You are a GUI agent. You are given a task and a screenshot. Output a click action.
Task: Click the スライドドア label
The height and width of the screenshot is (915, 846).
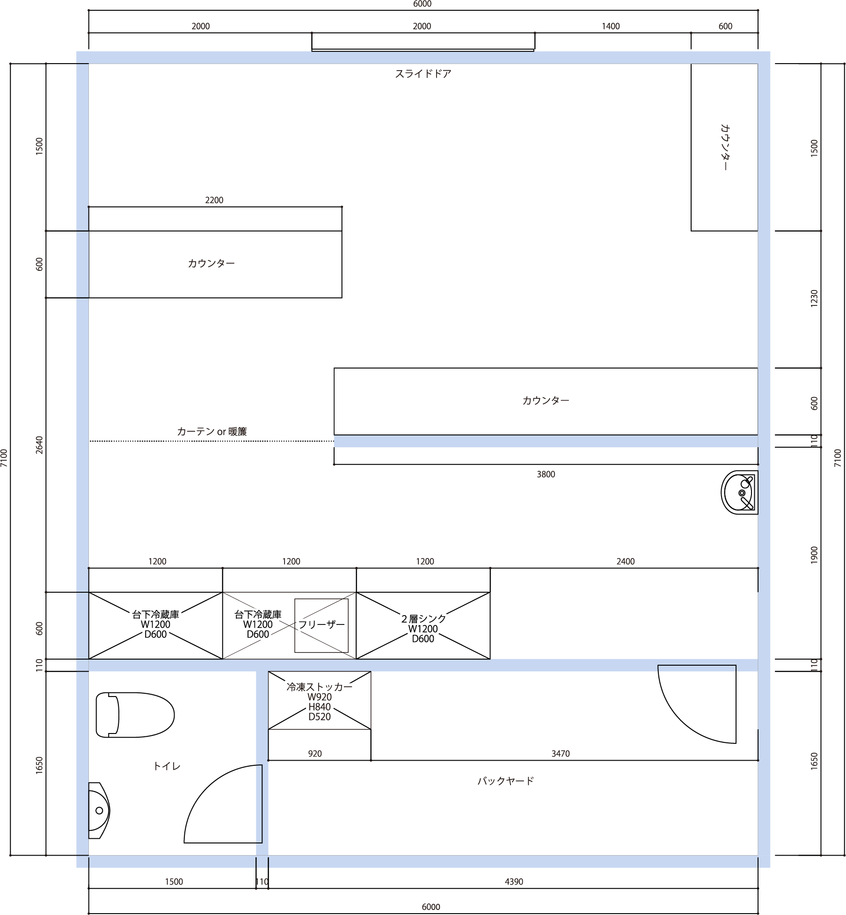tap(423, 74)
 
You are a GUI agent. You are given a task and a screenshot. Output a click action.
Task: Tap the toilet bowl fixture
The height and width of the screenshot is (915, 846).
tap(135, 715)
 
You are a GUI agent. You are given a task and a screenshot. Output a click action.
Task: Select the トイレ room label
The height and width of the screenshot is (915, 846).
tap(167, 766)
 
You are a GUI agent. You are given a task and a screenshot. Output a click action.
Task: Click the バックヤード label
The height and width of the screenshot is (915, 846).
tap(505, 781)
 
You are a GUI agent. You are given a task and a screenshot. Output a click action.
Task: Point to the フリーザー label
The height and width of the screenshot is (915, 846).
tap(321, 625)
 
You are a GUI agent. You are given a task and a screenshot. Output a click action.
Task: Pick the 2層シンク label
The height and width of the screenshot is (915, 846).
tap(423, 618)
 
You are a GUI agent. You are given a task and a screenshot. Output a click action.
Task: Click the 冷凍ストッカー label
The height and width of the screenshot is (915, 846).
tap(319, 687)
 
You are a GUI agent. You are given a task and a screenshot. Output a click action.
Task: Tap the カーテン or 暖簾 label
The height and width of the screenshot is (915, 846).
tap(211, 431)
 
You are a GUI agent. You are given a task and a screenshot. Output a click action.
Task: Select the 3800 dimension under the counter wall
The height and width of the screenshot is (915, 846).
tap(546, 474)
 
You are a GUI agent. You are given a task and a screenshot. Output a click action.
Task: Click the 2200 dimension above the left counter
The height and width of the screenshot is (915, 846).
tap(214, 200)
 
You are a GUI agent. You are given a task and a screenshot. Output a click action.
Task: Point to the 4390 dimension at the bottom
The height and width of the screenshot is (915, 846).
tap(514, 882)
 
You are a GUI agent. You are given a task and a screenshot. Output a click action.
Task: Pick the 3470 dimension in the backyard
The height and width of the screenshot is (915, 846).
tap(561, 754)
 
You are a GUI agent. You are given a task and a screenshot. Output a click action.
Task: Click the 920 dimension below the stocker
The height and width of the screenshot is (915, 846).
tap(315, 754)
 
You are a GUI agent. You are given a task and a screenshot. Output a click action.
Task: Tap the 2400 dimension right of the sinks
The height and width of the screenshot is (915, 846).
tap(626, 561)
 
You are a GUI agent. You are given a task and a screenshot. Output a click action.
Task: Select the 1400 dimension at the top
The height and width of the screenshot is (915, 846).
tap(611, 26)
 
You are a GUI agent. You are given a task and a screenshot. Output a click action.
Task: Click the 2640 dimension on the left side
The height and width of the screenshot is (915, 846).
tap(39, 445)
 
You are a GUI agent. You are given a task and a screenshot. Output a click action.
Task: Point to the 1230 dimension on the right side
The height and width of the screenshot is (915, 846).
tap(814, 298)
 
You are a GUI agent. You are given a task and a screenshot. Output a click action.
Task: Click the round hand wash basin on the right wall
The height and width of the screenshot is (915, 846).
tap(739, 493)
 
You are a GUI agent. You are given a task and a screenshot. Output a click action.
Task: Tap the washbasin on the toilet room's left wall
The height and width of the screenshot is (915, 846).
tap(99, 810)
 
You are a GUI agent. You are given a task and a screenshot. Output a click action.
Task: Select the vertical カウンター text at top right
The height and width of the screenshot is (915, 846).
tap(725, 147)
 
